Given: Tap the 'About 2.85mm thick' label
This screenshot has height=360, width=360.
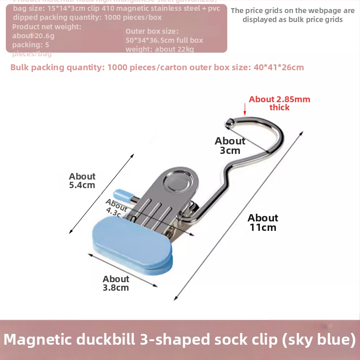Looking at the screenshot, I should point(279,103).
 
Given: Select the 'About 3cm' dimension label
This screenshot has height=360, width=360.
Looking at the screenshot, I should point(230,145).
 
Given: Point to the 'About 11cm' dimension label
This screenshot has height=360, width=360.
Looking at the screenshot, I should point(263,222).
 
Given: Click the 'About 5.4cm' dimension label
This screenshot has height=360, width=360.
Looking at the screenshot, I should point(82,180).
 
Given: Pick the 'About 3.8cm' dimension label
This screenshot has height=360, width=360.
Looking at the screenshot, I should point(116,283).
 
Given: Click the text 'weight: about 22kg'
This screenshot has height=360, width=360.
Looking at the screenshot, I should point(160,49).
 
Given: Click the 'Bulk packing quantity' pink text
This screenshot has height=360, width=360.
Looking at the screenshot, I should point(56,67).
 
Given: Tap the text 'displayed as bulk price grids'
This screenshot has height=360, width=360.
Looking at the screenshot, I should point(292,19).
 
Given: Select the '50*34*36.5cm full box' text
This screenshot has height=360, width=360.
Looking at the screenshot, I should point(164,40).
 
